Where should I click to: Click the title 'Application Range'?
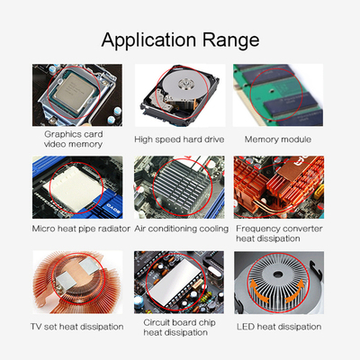point(180,40)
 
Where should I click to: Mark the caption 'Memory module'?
point(278,139)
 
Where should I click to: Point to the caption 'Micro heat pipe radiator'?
point(79,229)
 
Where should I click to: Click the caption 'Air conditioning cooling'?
point(181,229)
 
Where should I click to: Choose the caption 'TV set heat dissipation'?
point(76,326)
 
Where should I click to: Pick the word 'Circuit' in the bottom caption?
point(160,321)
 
